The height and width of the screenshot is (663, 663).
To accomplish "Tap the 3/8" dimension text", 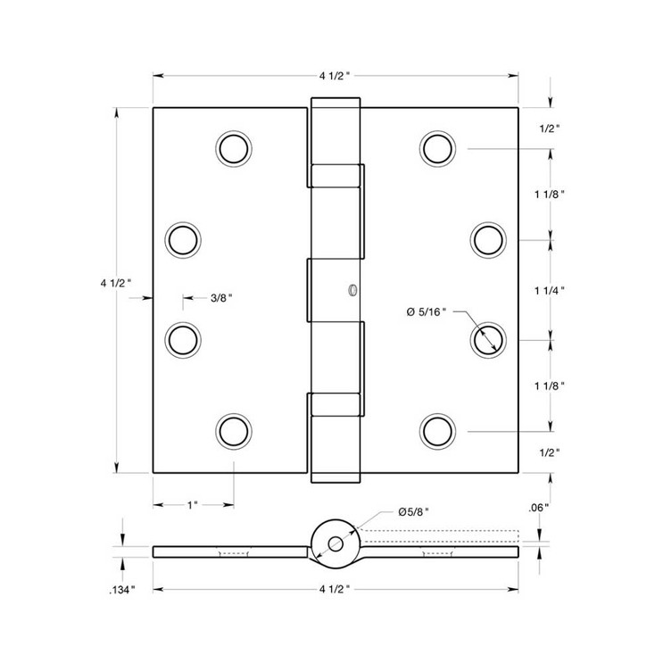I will [221, 299].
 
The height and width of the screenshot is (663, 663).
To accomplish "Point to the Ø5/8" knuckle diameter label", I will [414, 513].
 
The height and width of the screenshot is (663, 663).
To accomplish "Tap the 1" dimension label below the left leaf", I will [193, 506].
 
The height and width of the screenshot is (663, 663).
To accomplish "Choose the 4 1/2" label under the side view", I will [336, 590].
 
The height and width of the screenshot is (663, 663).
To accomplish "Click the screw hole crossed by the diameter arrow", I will [488, 339].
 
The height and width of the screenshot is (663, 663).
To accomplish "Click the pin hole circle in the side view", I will [336, 543].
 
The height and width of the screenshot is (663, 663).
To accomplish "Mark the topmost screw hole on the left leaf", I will [233, 148].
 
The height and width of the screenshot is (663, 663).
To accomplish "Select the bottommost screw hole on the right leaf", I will [437, 431].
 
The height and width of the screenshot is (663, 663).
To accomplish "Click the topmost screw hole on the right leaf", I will [437, 148].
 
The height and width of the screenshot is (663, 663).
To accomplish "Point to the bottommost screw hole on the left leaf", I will [233, 431].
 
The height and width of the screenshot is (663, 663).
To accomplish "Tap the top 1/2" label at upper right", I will [551, 128].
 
